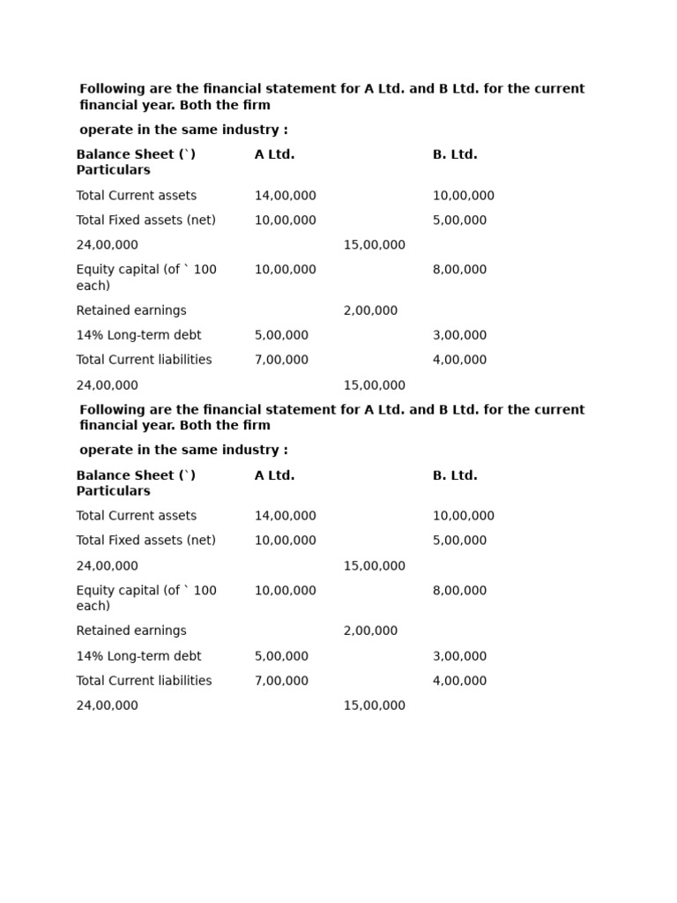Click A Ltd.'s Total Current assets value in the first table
[x=285, y=196]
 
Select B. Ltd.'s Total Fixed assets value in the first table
[x=459, y=220]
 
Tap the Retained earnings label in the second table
[x=131, y=631]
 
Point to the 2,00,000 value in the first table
[x=370, y=310]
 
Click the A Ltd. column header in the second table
[x=274, y=475]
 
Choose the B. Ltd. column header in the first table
[x=455, y=154]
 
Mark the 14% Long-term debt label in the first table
[x=138, y=335]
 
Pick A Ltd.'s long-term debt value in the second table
[x=281, y=656]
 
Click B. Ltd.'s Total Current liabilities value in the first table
[x=459, y=360]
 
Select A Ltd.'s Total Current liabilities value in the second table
[x=281, y=681]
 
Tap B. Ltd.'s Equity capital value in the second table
[x=459, y=591]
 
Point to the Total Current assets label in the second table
[x=137, y=516]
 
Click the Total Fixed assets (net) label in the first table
[x=145, y=220]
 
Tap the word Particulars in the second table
[x=113, y=491]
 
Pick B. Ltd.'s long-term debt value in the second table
[x=459, y=656]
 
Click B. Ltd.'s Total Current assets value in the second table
[x=463, y=516]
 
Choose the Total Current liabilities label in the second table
[x=144, y=681]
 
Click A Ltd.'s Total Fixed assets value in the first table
[x=285, y=220]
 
